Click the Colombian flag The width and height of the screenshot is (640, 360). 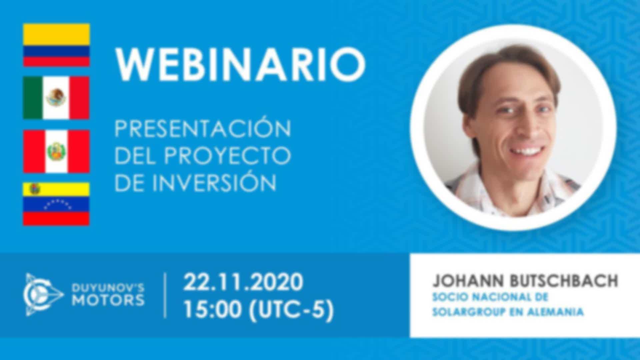click(x=56, y=45)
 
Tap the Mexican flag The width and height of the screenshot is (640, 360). click(x=56, y=98)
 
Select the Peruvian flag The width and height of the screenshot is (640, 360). click(x=56, y=151)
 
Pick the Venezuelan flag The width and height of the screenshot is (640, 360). click(x=56, y=204)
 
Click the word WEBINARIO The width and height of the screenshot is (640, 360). click(x=240, y=65)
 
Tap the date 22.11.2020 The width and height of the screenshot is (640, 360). click(x=243, y=282)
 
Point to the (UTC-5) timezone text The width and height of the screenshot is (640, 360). click(x=291, y=310)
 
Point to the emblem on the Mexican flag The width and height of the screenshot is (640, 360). click(x=56, y=97)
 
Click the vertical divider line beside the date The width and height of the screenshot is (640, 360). click(x=165, y=295)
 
